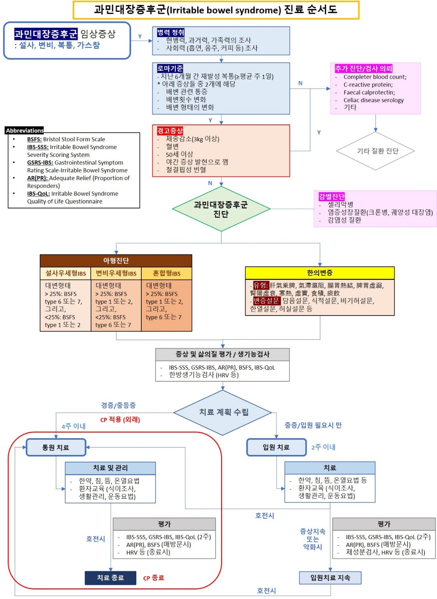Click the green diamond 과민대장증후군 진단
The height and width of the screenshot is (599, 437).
[221, 209]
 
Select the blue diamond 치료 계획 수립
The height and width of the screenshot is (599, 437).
[223, 412]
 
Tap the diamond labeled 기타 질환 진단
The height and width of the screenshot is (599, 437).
[376, 151]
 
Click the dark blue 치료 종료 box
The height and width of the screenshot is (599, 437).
[110, 578]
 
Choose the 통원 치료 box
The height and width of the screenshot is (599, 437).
[56, 447]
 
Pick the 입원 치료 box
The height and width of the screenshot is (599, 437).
[276, 447]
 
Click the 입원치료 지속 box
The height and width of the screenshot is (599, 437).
[330, 578]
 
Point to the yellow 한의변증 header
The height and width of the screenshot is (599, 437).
[320, 273]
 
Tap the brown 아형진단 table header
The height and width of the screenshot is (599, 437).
[116, 260]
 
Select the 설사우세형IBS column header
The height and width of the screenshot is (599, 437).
[65, 273]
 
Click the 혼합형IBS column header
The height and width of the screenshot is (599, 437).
[167, 273]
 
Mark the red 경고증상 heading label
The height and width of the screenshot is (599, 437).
[170, 131]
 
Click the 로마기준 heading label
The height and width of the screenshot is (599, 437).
[170, 68]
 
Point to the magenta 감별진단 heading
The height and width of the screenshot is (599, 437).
[332, 196]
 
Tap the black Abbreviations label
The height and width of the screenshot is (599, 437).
[25, 130]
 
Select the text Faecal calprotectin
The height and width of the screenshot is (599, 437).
[369, 92]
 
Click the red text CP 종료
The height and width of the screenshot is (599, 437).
[154, 578]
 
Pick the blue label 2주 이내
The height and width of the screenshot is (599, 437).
[323, 447]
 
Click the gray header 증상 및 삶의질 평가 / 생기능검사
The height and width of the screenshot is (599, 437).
[222, 354]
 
